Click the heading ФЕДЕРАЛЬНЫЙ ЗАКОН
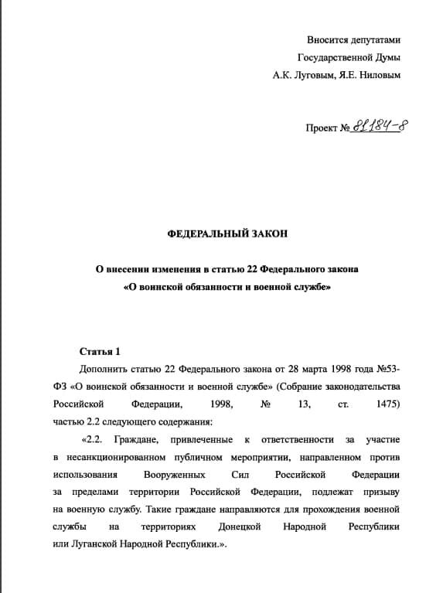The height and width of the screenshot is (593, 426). pos(213,233)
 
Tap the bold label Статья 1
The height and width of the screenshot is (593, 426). pos(101,352)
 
